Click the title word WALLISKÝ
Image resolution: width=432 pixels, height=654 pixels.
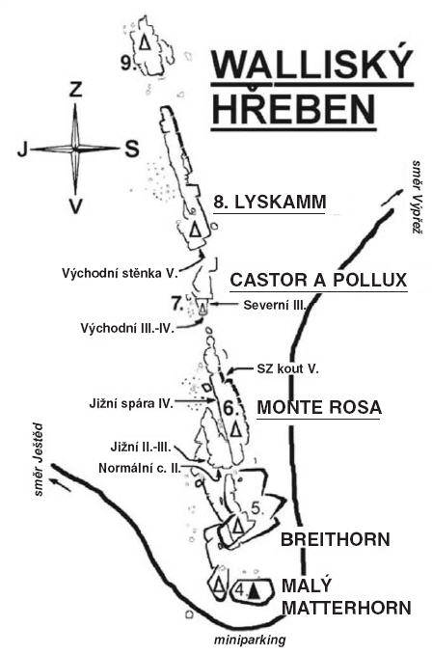coord(312,65)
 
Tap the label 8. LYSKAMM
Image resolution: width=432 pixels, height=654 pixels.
coord(270,203)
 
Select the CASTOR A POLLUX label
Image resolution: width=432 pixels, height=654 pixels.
coord(318,280)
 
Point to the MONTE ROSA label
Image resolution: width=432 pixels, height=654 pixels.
coord(319,407)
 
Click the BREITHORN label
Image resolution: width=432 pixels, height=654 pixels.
coord(336,539)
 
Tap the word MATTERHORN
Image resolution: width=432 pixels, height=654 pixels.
coord(346,608)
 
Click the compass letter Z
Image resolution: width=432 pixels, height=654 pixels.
coord(75,90)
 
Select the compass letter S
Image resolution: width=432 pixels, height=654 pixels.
coord(132,149)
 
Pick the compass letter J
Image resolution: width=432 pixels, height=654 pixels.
coord(22,149)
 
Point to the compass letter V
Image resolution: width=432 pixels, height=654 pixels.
coord(75,206)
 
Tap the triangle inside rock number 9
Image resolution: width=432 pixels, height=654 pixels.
coord(145,42)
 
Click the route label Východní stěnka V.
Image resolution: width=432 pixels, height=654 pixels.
coord(121,273)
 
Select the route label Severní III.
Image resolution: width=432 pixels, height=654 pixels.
coord(275,305)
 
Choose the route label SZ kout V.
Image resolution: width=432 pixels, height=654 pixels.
coord(287,368)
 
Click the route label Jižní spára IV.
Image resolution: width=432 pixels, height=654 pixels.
coord(131,404)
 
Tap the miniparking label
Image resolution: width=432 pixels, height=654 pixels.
coord(250,640)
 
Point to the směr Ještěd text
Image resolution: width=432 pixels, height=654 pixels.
coord(39,460)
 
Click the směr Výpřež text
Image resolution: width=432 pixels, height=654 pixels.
coord(417,197)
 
